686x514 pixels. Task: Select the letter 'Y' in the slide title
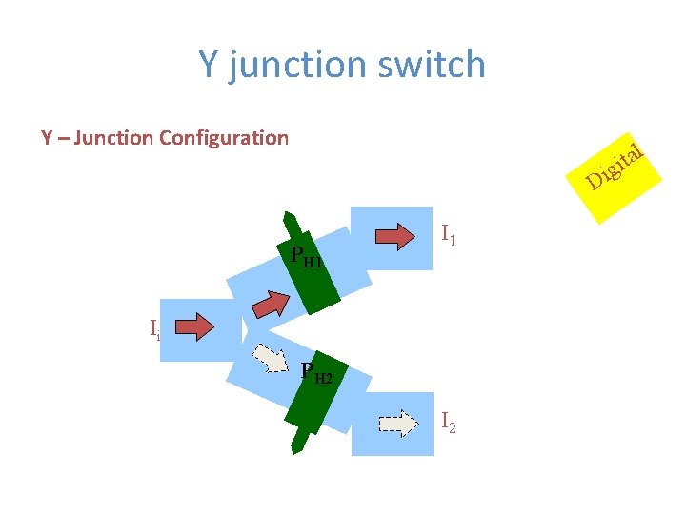pyautogui.click(x=209, y=65)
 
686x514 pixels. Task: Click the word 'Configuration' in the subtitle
pyautogui.click(x=223, y=138)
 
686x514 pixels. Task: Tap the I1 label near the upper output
pyautogui.click(x=449, y=233)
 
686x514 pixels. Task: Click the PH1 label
pyautogui.click(x=305, y=256)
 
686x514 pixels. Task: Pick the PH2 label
pyautogui.click(x=315, y=373)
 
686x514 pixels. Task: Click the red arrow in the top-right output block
pyautogui.click(x=398, y=233)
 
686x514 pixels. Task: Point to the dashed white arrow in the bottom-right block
pyautogui.click(x=398, y=422)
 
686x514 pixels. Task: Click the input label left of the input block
pyautogui.click(x=153, y=329)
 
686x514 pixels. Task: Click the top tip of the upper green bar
pyautogui.click(x=285, y=215)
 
